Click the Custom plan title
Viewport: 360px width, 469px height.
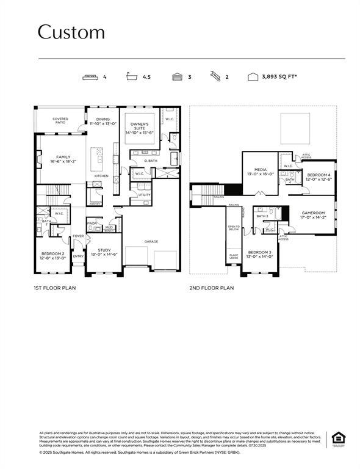pyautogui.click(x=71, y=32)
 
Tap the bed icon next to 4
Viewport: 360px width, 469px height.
pyautogui.click(x=89, y=78)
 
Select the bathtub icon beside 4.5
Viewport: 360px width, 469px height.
pyautogui.click(x=131, y=78)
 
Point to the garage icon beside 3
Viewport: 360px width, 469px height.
pyautogui.click(x=177, y=78)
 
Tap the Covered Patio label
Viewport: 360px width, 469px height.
pyautogui.click(x=60, y=121)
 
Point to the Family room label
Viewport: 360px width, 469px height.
pyautogui.click(x=63, y=159)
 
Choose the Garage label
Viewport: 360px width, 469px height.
pyautogui.click(x=152, y=241)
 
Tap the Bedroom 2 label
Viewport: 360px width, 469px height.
pyautogui.click(x=52, y=255)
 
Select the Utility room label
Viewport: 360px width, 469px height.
pyautogui.click(x=144, y=195)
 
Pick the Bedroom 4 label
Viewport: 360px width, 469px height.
pyautogui.click(x=319, y=177)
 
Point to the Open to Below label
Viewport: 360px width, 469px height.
pyautogui.click(x=234, y=228)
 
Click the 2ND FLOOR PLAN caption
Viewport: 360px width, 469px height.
pyautogui.click(x=211, y=288)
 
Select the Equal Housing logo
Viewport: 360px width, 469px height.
pyautogui.click(x=337, y=438)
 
